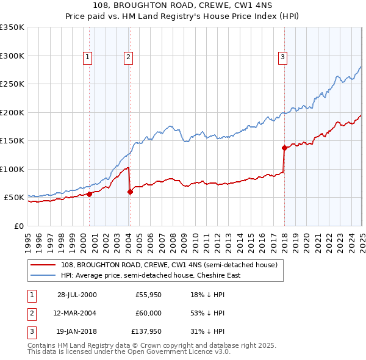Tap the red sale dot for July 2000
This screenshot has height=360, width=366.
(89, 194)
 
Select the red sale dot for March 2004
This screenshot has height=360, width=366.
(130, 192)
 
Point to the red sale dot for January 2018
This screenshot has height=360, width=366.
(284, 147)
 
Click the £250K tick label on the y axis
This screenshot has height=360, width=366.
(12, 84)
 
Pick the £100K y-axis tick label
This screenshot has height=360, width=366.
(12, 169)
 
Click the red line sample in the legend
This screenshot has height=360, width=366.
(44, 265)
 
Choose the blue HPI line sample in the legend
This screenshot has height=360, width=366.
(44, 275)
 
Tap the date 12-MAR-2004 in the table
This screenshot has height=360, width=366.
(75, 314)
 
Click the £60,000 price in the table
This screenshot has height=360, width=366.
(148, 314)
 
